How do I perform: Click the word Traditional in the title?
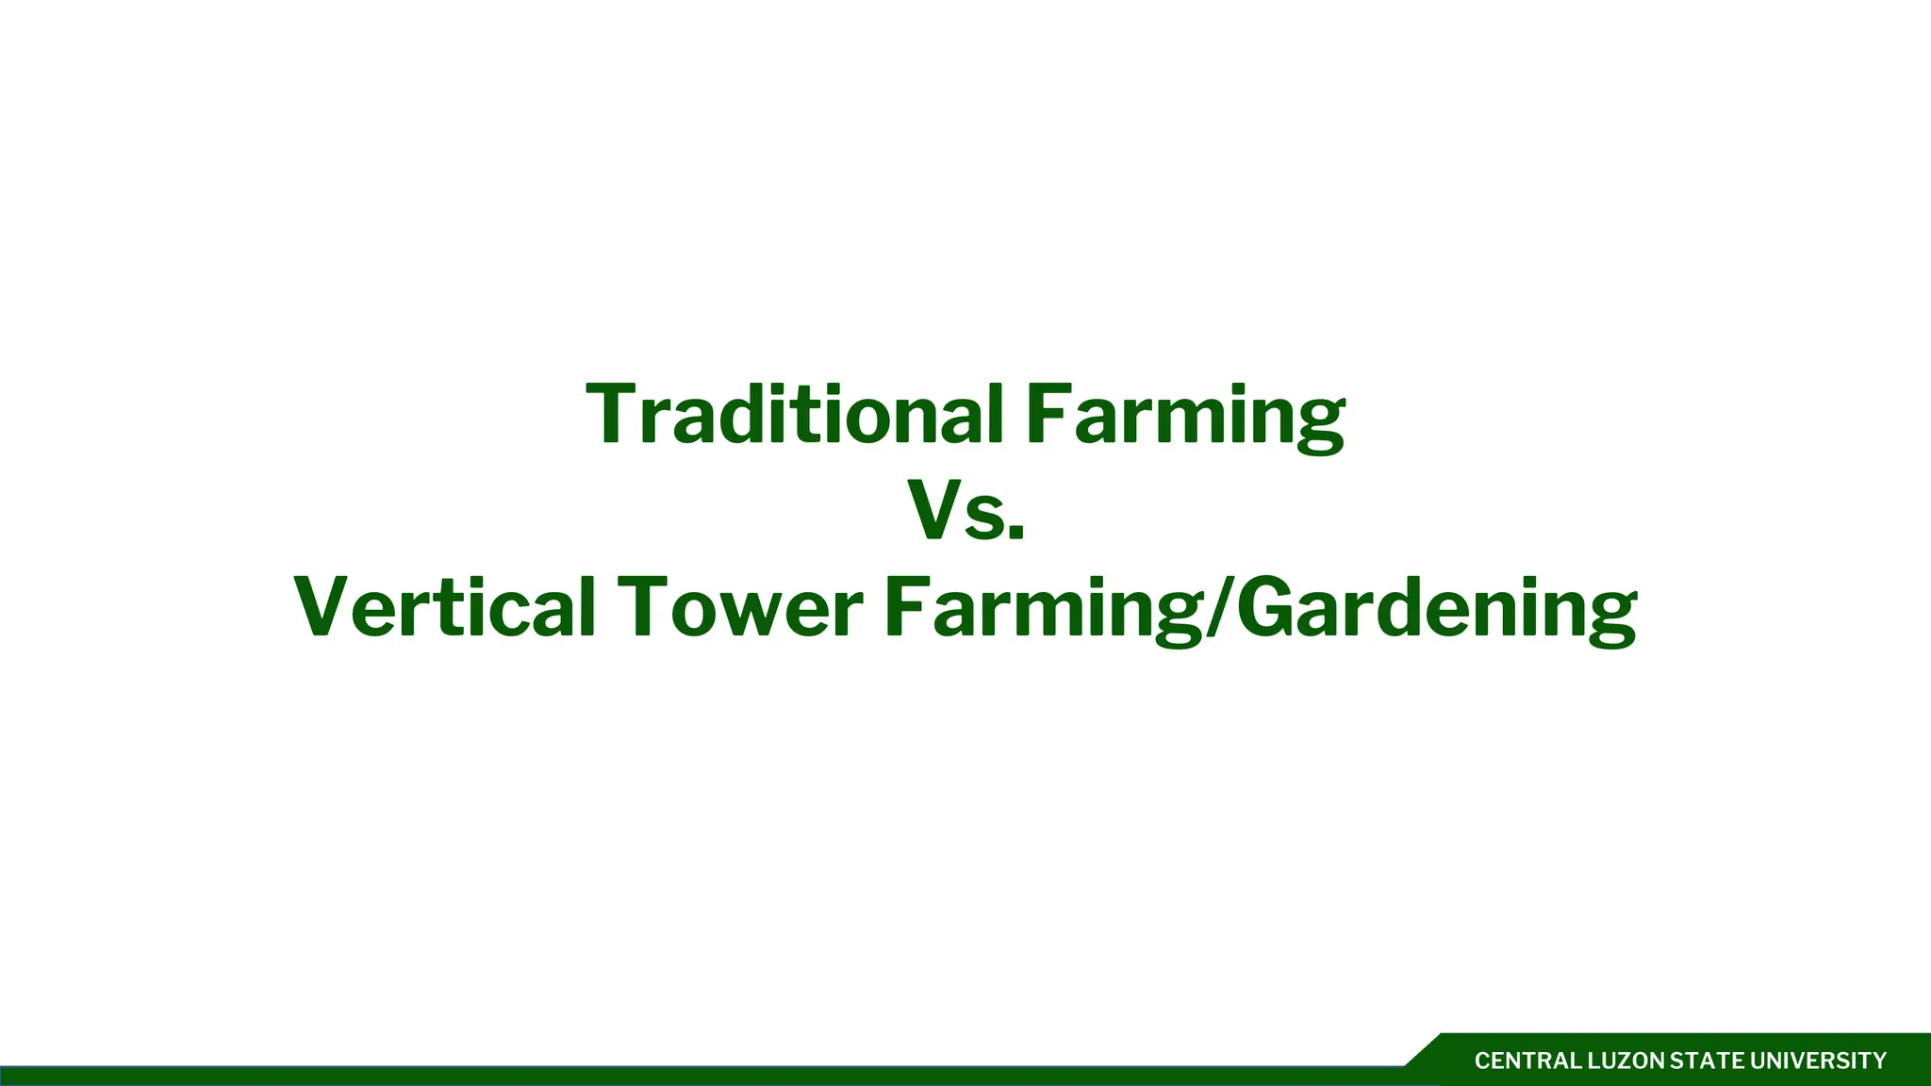pyautogui.click(x=794, y=415)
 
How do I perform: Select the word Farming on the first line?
pyautogui.click(x=1185, y=415)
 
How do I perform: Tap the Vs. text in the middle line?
pyautogui.click(x=965, y=511)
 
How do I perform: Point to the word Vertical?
pyautogui.click(x=444, y=607)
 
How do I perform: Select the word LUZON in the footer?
pyautogui.click(x=1627, y=1061)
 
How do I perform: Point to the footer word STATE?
pyautogui.click(x=1708, y=1061)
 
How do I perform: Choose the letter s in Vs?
pyautogui.click(x=986, y=521)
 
